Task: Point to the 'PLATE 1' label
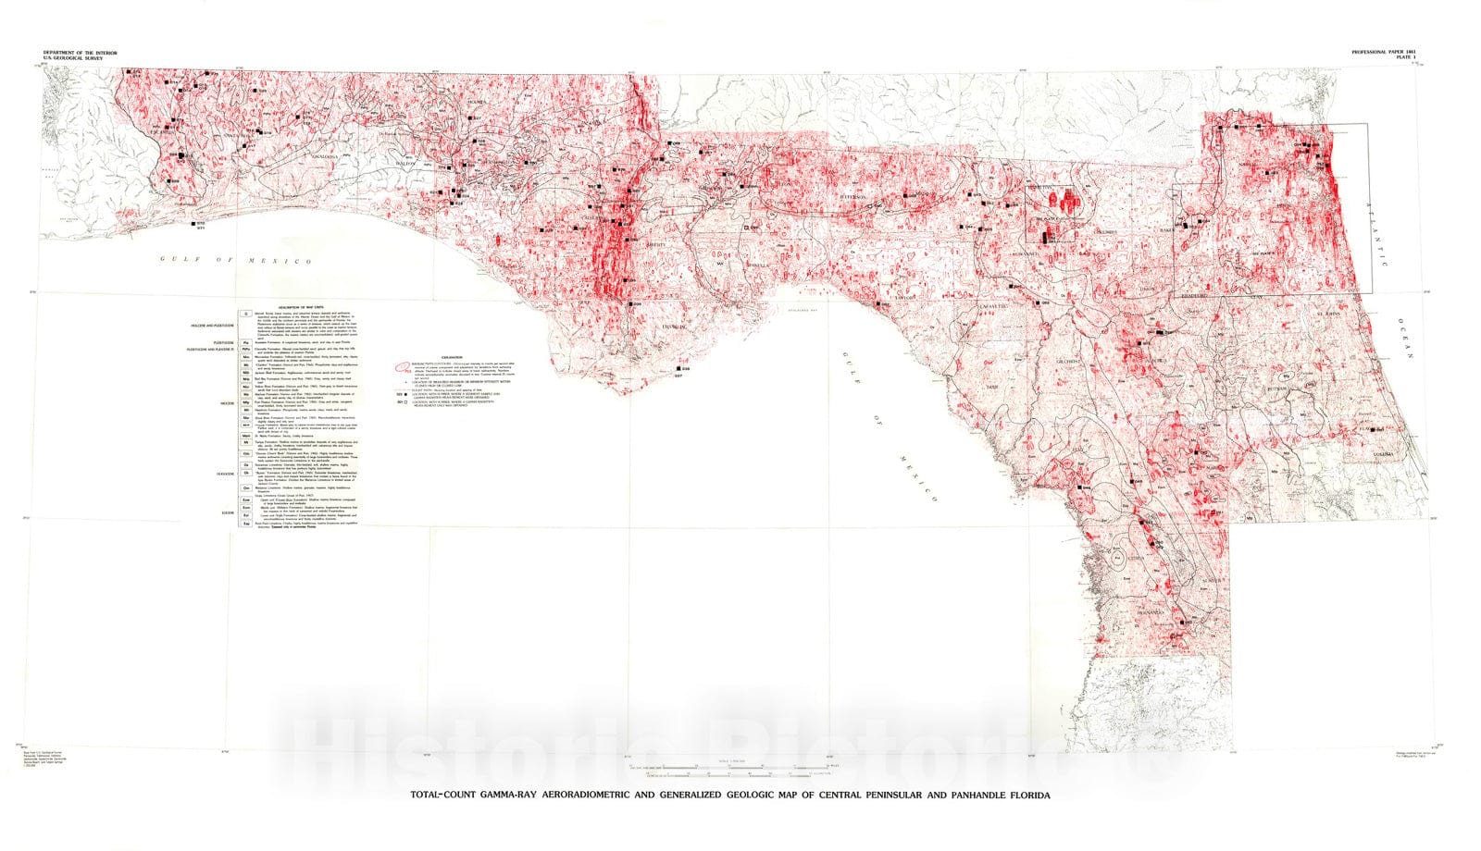click(x=1411, y=60)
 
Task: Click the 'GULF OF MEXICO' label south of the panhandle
click(x=235, y=261)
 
